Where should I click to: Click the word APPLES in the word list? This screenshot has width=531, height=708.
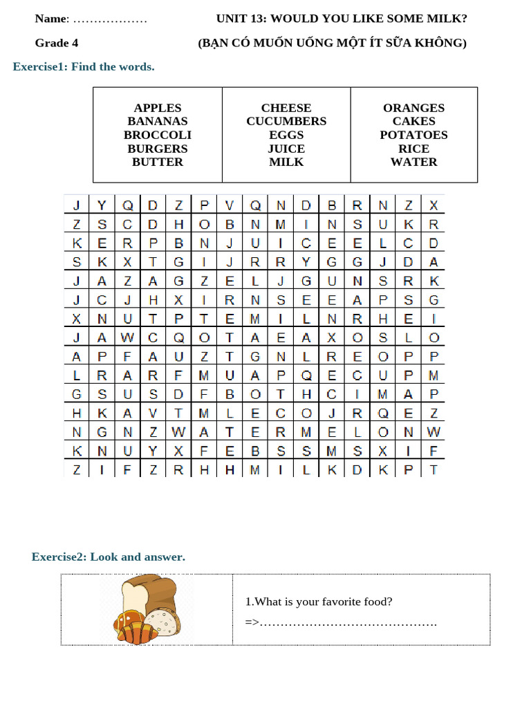coord(158,108)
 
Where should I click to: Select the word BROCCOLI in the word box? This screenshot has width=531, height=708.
coord(158,135)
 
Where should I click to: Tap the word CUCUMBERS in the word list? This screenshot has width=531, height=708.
coord(286,122)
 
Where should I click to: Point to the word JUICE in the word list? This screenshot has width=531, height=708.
coord(286,149)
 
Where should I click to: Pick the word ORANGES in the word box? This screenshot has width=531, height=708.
coord(413,108)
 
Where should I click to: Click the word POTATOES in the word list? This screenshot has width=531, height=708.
coord(413,135)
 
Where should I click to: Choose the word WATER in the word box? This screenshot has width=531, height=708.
coord(413,162)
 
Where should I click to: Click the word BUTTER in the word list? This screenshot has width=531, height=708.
coord(158,162)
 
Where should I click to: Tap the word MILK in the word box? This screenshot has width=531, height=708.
coord(286,162)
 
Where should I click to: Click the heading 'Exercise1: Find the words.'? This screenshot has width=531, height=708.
coord(84,67)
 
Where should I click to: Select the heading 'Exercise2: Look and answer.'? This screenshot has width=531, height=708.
coord(109,557)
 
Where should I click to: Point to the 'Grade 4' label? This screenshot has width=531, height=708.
coord(57,43)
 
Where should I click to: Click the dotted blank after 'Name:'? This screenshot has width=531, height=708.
coord(110,19)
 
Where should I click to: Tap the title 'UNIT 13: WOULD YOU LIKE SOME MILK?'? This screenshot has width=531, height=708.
coord(342,19)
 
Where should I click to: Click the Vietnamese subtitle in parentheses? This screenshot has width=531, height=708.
coord(333,43)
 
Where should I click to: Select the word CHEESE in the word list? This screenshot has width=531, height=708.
coord(286,108)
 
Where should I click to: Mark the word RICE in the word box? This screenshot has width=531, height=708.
coord(413,149)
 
